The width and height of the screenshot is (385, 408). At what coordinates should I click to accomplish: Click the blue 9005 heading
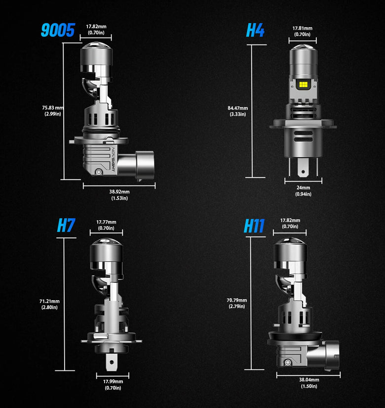click(57, 30)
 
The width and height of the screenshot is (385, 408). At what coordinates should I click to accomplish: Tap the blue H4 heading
click(255, 30)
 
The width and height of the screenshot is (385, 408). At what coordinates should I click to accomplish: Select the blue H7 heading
click(66, 225)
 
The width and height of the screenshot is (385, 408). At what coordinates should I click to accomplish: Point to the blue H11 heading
click(254, 226)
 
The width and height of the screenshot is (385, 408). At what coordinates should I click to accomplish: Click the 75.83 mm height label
click(53, 111)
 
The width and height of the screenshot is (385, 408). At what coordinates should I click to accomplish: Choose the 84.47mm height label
click(237, 111)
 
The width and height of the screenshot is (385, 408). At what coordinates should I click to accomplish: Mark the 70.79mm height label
click(237, 303)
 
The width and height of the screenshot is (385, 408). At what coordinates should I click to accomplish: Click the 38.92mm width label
click(119, 194)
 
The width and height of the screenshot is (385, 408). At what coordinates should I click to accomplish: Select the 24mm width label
click(303, 190)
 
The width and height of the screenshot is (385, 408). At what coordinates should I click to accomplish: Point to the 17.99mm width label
click(113, 384)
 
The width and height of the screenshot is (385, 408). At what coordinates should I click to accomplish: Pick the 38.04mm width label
click(309, 383)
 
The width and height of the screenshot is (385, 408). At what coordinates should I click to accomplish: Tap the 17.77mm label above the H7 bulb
click(106, 225)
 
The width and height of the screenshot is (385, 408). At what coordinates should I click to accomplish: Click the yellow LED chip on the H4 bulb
click(303, 86)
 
